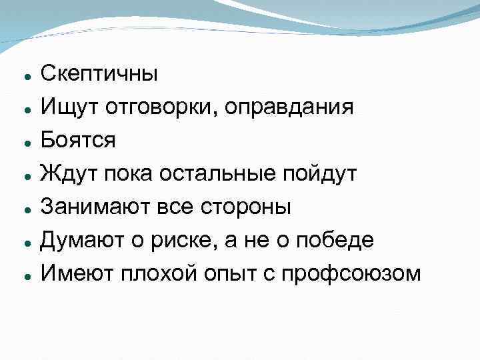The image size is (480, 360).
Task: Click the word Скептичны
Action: coord(99,73)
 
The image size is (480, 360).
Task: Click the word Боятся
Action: coord(78,140)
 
